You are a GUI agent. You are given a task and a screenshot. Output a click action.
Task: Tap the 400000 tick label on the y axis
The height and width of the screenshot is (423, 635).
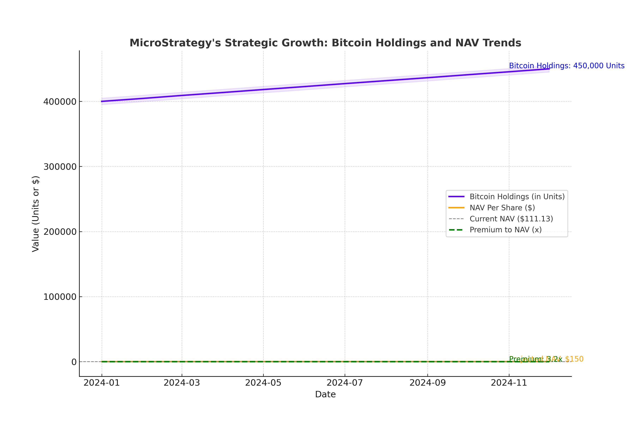(x=60, y=102)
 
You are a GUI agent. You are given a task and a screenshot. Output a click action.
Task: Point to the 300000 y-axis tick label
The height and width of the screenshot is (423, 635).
(x=60, y=167)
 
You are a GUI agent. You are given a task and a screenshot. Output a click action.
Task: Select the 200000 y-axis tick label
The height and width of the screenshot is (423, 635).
(x=60, y=232)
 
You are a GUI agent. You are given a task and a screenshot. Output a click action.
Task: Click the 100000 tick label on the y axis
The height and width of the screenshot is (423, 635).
(x=60, y=297)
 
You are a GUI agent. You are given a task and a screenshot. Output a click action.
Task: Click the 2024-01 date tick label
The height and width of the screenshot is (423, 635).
(x=102, y=383)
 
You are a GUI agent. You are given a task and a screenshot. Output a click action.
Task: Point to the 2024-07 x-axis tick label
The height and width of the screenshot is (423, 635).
(x=345, y=383)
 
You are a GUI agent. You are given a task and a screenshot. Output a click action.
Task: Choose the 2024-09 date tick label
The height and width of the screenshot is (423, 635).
(x=428, y=383)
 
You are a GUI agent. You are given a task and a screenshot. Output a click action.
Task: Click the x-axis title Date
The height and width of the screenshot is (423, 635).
(x=325, y=394)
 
